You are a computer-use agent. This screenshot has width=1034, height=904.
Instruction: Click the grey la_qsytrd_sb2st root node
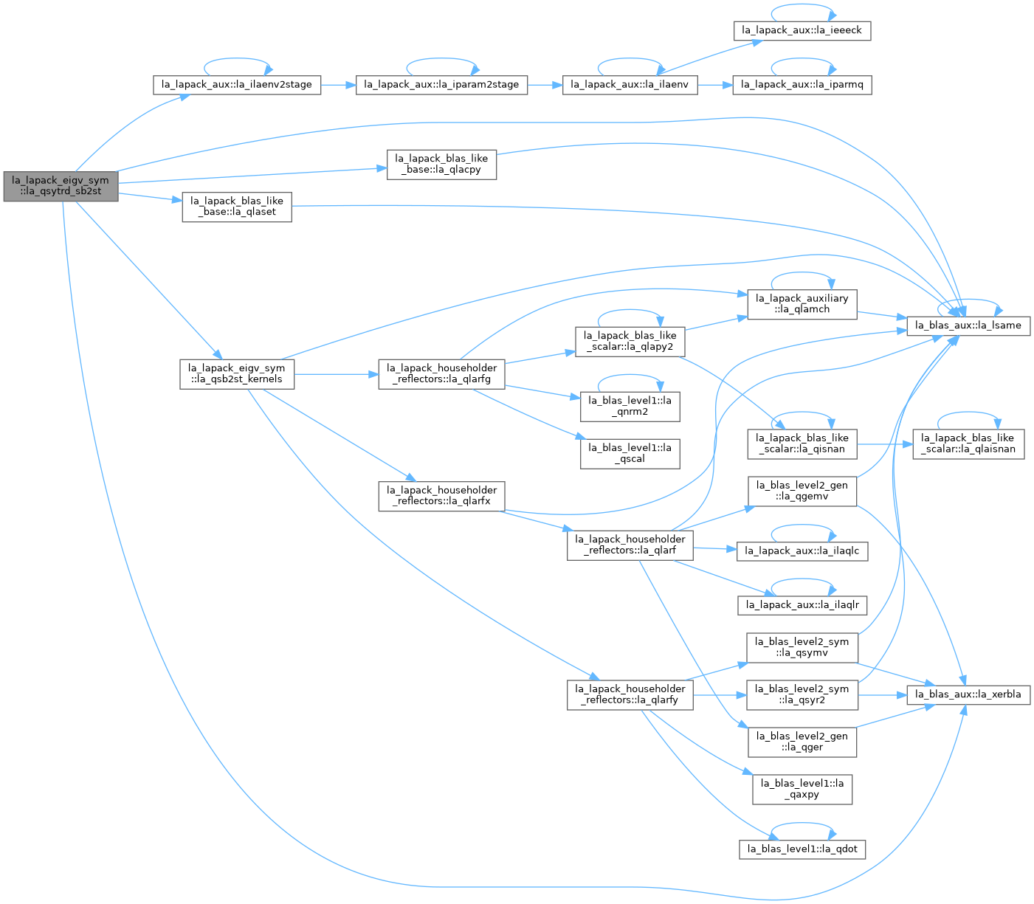[61, 186]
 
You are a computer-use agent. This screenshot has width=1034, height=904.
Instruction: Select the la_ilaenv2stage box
[236, 85]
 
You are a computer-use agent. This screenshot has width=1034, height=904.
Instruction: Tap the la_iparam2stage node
[441, 85]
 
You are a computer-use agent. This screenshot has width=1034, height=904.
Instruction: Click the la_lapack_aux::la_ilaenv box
[630, 85]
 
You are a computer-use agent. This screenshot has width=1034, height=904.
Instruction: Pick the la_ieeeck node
[802, 31]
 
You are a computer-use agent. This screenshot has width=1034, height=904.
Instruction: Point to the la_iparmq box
[802, 85]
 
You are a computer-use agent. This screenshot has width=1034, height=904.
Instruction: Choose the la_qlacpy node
[441, 165]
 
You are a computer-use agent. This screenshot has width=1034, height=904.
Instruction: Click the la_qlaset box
[237, 207]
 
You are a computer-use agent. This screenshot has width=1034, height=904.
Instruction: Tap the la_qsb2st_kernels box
[237, 374]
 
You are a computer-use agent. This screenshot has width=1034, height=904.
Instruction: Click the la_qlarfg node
[441, 374]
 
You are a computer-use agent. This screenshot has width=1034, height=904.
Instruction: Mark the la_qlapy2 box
[630, 342]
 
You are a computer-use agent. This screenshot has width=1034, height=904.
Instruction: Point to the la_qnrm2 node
[630, 407]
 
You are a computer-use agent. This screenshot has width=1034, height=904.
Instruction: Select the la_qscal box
[630, 454]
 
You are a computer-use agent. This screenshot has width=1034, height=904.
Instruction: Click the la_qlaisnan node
[968, 444]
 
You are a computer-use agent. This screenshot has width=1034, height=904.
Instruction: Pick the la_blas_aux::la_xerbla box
[968, 695]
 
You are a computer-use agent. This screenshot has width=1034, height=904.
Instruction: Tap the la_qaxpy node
[802, 790]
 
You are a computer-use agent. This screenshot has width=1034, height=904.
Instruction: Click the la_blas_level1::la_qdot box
[802, 849]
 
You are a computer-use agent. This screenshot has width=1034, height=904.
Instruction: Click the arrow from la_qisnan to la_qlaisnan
[885, 444]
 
